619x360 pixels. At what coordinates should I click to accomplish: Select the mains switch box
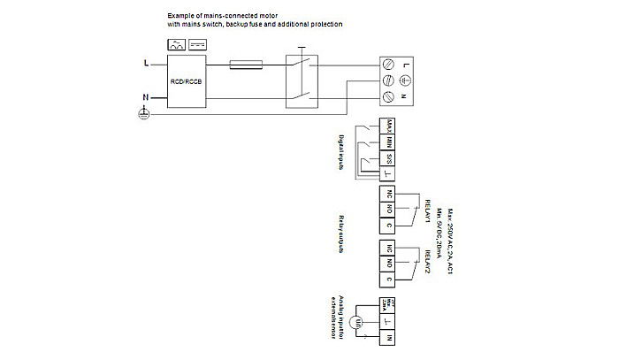[302, 80]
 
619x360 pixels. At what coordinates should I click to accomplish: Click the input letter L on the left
[145, 64]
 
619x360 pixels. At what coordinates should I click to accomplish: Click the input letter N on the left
[145, 97]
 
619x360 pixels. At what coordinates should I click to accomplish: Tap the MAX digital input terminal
[389, 126]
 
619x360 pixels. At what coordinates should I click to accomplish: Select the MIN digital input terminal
[389, 142]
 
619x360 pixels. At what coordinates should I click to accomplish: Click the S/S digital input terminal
[389, 158]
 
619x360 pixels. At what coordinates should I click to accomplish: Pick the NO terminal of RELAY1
[389, 210]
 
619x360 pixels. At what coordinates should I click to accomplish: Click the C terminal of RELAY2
[389, 279]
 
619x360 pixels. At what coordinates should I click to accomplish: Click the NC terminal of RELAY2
[389, 249]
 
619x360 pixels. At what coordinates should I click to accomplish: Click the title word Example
[180, 16]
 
